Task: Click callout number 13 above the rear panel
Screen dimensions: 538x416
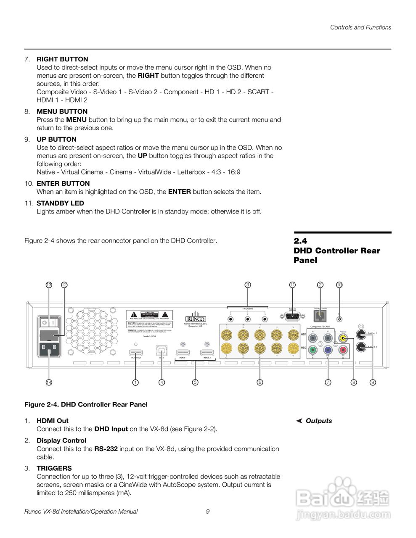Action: click(x=49, y=285)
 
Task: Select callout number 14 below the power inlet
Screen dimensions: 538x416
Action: click(x=49, y=382)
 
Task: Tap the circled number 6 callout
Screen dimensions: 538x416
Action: click(x=260, y=382)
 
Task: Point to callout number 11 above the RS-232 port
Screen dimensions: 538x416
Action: click(x=292, y=285)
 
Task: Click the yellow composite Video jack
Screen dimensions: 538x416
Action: click(x=344, y=338)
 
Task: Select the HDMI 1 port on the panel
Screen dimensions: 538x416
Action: click(x=183, y=353)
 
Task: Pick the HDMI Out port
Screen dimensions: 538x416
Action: click(x=135, y=353)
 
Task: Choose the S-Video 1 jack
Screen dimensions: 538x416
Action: click(x=361, y=335)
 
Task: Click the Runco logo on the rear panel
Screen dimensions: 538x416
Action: click(x=195, y=318)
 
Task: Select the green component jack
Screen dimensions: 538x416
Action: click(x=313, y=349)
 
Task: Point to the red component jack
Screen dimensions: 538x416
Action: click(x=343, y=349)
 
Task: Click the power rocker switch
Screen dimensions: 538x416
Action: click(x=48, y=322)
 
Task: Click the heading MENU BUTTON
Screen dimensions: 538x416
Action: click(x=62, y=111)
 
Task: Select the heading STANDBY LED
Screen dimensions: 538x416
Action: click(x=60, y=203)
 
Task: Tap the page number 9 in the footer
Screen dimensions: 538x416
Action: click(x=208, y=512)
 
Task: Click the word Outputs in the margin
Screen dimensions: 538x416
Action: click(x=318, y=421)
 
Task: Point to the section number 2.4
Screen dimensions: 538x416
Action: click(x=300, y=241)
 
